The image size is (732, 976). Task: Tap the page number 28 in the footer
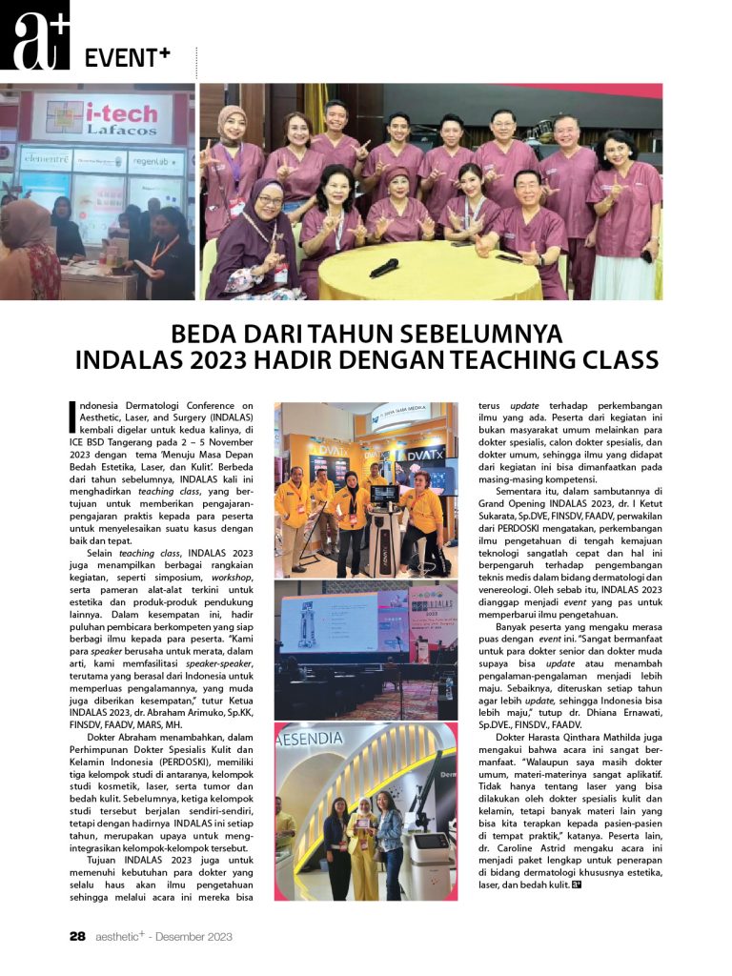click(78, 936)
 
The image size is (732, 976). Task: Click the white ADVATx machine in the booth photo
click(384, 529)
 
